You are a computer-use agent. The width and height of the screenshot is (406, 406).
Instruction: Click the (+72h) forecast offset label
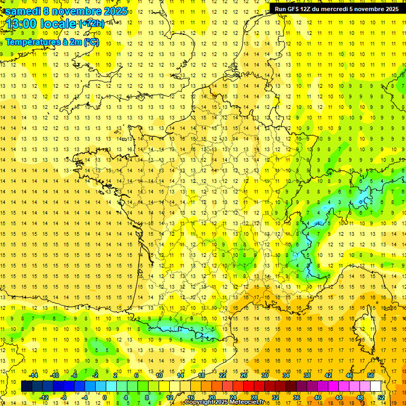(91, 24)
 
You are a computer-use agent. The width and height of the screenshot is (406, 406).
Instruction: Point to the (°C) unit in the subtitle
(90, 42)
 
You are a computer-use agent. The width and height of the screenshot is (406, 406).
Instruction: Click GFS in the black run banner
(294, 9)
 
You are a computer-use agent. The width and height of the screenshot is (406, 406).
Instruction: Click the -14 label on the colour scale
(34, 375)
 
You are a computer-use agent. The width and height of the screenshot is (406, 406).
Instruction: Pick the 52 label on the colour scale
(382, 398)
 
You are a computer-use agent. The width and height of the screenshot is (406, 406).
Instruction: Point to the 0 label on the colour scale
(105, 398)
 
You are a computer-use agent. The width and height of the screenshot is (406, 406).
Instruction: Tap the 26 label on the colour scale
(244, 375)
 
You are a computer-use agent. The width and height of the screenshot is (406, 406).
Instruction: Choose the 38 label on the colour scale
(307, 375)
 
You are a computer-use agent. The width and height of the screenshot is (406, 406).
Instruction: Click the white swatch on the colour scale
(376, 386)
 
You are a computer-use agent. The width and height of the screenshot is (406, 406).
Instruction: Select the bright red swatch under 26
(248, 386)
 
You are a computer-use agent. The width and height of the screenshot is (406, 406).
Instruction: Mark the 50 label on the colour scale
(371, 375)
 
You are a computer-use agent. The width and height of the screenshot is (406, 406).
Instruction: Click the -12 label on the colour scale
(44, 398)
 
